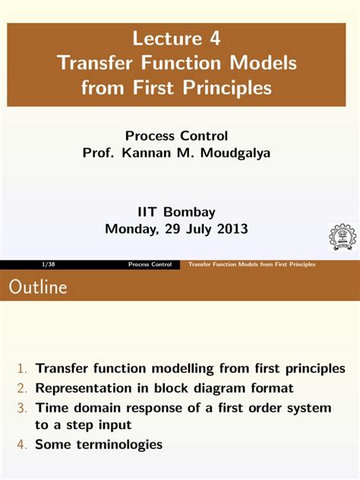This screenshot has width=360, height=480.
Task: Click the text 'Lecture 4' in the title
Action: click(x=180, y=38)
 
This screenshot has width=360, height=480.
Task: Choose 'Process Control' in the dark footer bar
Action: click(x=150, y=264)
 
